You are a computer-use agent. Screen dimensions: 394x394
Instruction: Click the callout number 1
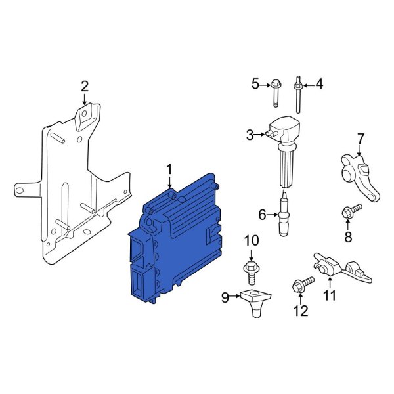click(169, 170)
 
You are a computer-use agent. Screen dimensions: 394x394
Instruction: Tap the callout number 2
click(84, 86)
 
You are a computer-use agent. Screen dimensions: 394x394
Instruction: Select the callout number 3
click(250, 135)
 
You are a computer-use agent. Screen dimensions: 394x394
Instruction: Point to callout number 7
click(359, 139)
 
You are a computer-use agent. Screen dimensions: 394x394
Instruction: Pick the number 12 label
click(300, 311)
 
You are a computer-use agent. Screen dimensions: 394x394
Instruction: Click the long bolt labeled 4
click(299, 95)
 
